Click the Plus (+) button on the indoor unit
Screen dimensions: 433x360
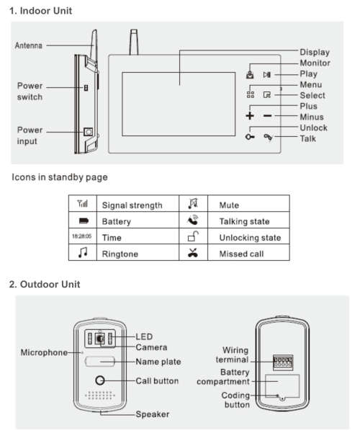250,116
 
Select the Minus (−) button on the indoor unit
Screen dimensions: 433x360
267,116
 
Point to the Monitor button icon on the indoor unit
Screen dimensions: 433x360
250,73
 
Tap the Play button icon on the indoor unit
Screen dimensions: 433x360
267,73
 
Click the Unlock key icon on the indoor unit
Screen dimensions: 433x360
250,138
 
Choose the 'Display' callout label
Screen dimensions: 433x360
314,52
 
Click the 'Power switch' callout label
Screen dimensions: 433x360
30,91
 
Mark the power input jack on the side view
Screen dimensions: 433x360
88,132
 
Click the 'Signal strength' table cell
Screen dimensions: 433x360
132,205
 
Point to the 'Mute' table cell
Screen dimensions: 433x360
219,205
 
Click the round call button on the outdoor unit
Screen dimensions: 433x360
100,381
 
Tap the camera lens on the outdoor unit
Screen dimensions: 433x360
101,337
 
